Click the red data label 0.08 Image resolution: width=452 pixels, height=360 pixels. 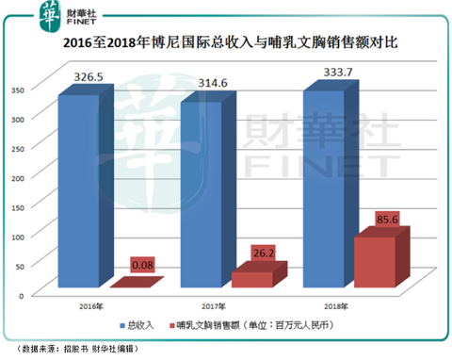coord(141,267)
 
